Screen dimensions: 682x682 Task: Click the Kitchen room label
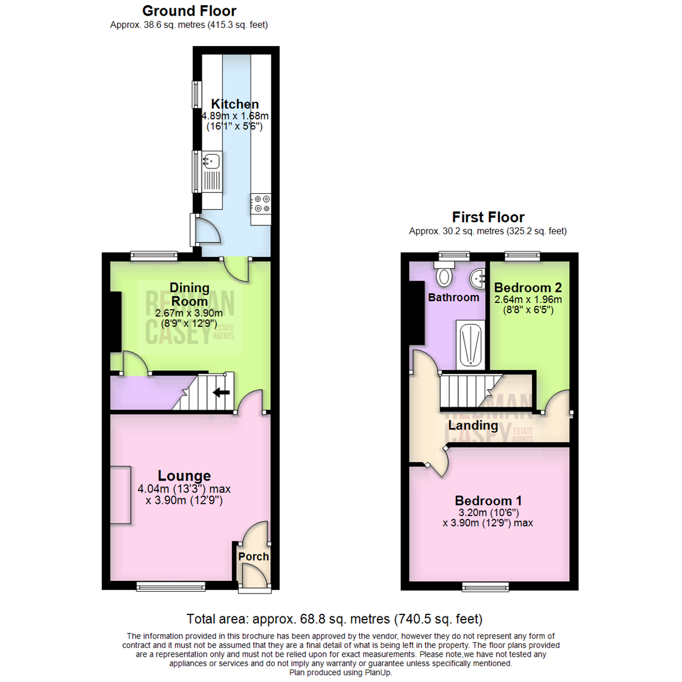(x=235, y=104)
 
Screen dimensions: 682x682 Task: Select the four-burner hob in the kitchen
(x=261, y=203)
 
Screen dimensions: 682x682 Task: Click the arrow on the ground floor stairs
(x=220, y=393)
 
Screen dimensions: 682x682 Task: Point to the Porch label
(x=253, y=557)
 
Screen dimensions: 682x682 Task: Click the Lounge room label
(x=184, y=476)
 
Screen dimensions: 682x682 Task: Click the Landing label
(x=472, y=426)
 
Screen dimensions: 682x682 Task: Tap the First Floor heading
(x=488, y=217)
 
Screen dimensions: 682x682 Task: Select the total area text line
(x=335, y=618)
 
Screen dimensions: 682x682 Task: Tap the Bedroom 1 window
(x=488, y=587)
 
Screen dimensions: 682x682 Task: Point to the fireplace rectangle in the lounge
(x=121, y=494)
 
